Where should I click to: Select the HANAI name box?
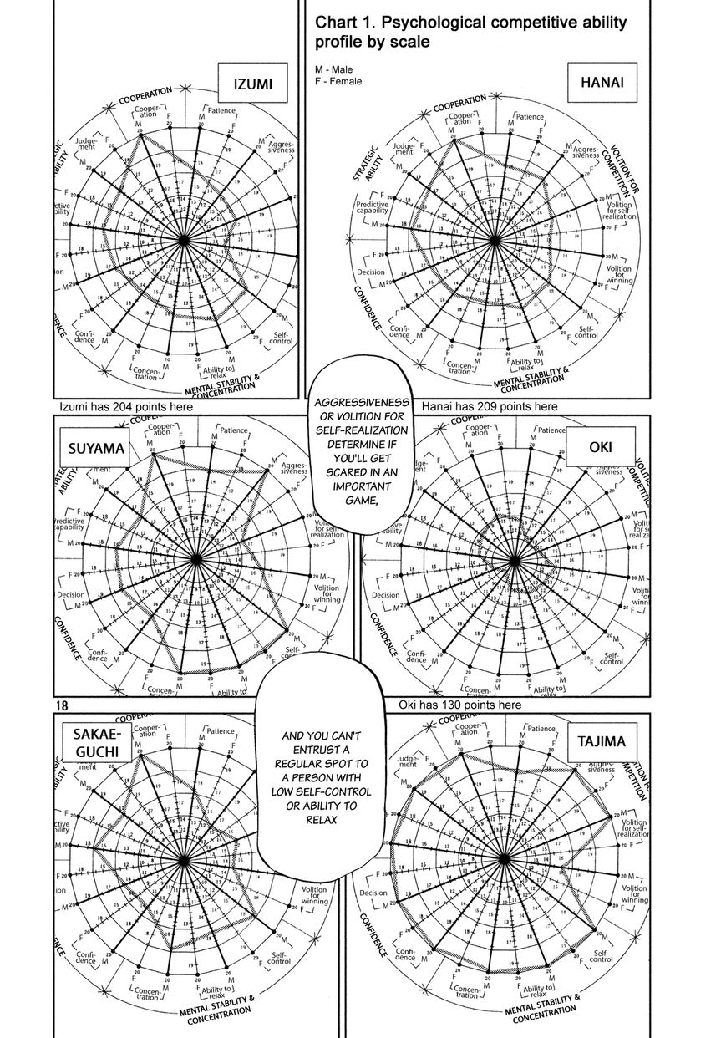click(602, 83)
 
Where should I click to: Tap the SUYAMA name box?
click(97, 449)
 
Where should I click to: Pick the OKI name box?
click(599, 447)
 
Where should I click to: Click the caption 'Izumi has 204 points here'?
click(126, 407)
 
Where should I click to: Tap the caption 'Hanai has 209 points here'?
click(490, 407)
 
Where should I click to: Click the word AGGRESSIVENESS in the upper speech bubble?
click(349, 404)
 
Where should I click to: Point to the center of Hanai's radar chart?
click(495, 241)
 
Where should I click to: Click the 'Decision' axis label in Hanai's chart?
click(371, 272)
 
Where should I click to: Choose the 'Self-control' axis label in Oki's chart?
click(611, 658)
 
